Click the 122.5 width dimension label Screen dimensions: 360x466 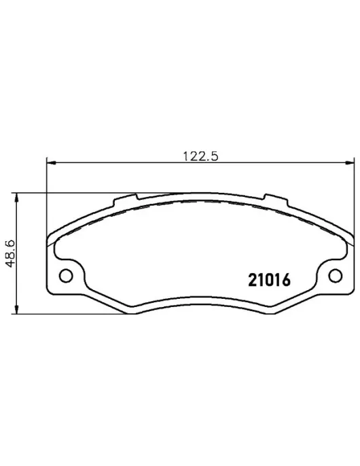[x=200, y=156]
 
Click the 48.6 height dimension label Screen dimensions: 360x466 [x=10, y=253]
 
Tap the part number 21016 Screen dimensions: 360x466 [x=269, y=281]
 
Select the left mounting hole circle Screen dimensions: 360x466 [x=66, y=276]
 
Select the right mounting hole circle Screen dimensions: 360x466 [x=336, y=276]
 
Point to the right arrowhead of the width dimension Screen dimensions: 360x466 [x=350, y=162]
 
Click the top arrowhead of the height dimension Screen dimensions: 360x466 [x=17, y=197]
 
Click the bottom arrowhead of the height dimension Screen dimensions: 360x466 [x=17, y=309]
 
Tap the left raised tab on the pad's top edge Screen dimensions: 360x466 [x=126, y=200]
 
